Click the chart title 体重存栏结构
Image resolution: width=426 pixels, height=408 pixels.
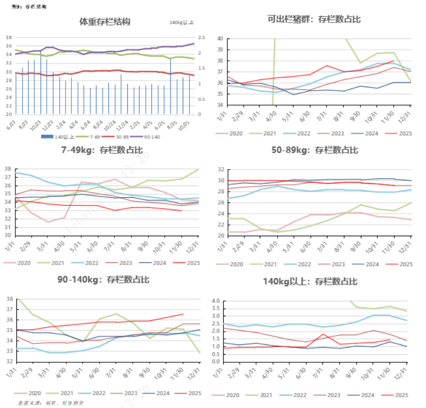click(x=105, y=22)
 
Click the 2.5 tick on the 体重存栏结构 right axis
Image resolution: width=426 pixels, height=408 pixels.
click(x=202, y=37)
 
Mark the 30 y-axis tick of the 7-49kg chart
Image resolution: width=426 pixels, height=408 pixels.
click(x=9, y=235)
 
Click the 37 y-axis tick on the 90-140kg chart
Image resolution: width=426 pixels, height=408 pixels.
click(x=9, y=310)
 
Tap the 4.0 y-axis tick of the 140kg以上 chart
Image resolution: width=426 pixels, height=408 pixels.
click(x=216, y=301)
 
